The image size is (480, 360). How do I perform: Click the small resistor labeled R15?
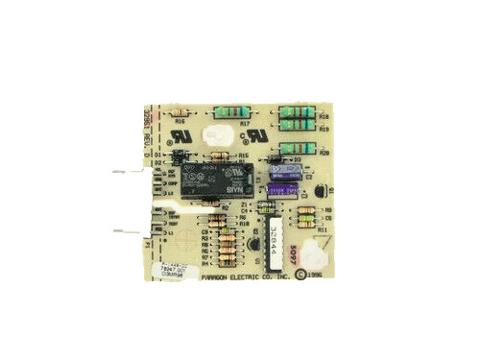coord(220,154)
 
